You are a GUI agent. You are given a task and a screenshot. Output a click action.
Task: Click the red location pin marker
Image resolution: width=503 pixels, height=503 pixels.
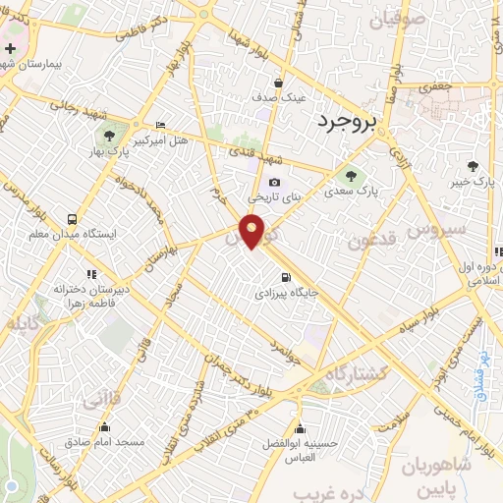[x=253, y=232]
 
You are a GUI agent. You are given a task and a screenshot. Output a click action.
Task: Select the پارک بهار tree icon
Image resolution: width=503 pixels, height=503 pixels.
[x=109, y=137]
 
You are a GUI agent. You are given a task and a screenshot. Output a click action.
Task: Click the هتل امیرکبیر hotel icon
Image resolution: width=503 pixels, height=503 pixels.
[x=161, y=125]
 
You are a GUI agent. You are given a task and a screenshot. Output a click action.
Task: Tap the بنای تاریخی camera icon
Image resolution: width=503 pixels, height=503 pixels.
[x=274, y=182]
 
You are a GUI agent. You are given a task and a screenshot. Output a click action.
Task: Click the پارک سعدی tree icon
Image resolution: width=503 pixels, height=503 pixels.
[x=352, y=174]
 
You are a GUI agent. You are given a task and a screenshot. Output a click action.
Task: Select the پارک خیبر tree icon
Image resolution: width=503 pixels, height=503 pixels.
[x=474, y=166]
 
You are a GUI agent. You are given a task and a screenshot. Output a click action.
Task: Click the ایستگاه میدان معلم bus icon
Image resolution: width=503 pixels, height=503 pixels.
[x=73, y=219]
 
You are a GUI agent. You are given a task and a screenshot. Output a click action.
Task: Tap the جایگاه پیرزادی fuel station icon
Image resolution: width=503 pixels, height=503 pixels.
[x=286, y=277]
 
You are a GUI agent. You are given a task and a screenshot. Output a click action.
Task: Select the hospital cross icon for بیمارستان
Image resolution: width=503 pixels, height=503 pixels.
[x=10, y=48]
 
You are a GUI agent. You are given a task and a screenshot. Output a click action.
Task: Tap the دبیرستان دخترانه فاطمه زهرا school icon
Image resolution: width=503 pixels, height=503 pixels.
[x=91, y=274]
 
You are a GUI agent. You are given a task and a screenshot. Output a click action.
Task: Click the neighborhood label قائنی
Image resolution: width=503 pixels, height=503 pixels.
[x=103, y=400]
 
